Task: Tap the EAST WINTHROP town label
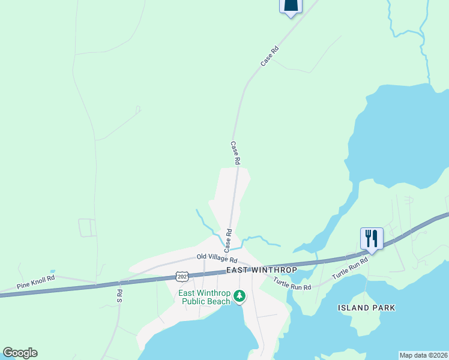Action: click(x=262, y=271)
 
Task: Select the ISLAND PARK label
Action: click(x=367, y=308)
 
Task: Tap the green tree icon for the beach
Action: click(x=240, y=295)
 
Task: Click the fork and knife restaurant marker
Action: click(x=372, y=239)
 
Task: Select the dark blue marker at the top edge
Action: click(x=291, y=6)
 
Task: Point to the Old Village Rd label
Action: click(x=217, y=258)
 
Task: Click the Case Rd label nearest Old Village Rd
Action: click(x=228, y=239)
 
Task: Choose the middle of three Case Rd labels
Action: click(x=235, y=153)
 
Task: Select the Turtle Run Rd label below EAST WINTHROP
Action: click(x=292, y=284)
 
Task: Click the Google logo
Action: click(x=20, y=353)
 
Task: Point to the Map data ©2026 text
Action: click(x=423, y=355)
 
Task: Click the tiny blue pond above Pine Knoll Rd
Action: click(x=52, y=271)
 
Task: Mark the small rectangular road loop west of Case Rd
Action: click(x=88, y=227)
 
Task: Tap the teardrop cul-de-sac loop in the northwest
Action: click(x=137, y=110)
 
